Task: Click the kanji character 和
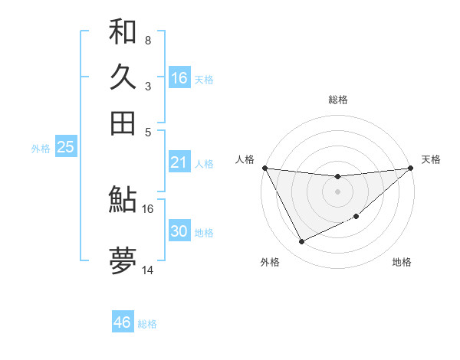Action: point(123,31)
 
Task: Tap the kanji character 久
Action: point(123,77)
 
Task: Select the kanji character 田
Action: point(123,123)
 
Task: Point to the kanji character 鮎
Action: point(123,200)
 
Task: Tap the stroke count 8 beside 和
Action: point(147,40)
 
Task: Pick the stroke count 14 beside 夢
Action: point(148,270)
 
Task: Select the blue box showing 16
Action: point(179,78)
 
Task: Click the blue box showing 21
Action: point(179,162)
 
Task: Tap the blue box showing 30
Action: point(179,231)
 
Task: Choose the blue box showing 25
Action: point(65,147)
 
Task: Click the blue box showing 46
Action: point(122,322)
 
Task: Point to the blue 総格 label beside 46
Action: point(147,324)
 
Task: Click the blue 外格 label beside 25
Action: point(41,149)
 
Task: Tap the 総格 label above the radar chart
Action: point(337,100)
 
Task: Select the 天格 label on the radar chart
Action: point(431,159)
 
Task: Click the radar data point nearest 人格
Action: point(264,168)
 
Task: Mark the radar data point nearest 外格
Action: point(301,242)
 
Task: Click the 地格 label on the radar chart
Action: point(402,262)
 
